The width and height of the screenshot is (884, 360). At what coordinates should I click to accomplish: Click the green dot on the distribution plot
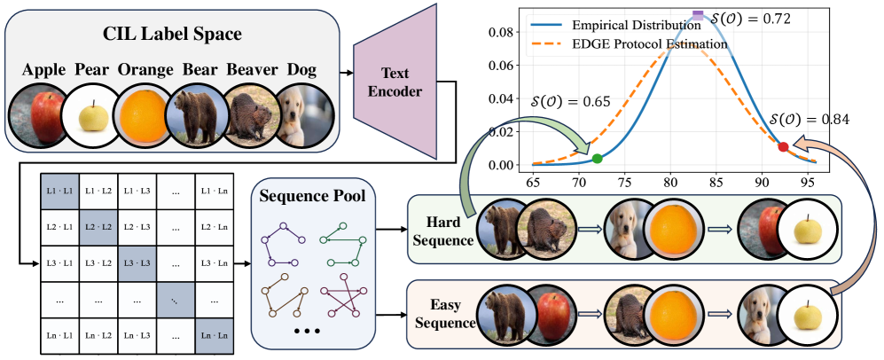pyautogui.click(x=597, y=159)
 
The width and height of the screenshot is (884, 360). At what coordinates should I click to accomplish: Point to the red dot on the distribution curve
pyautogui.click(x=783, y=146)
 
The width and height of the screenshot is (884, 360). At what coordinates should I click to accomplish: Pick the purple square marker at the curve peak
pyautogui.click(x=698, y=14)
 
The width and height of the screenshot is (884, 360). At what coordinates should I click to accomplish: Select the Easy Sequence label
pyautogui.click(x=440, y=317)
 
